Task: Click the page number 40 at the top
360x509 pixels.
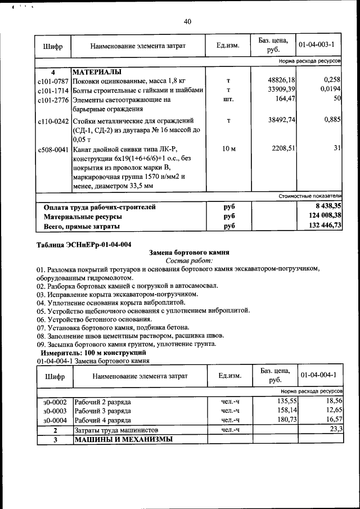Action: point(187,21)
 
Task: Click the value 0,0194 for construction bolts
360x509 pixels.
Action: point(331,89)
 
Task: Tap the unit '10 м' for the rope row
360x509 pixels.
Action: point(228,148)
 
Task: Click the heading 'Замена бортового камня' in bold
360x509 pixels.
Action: point(187,253)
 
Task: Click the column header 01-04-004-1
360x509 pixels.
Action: point(318,375)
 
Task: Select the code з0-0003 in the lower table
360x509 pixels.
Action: point(55,411)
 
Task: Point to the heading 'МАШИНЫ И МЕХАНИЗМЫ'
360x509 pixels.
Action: point(123,439)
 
